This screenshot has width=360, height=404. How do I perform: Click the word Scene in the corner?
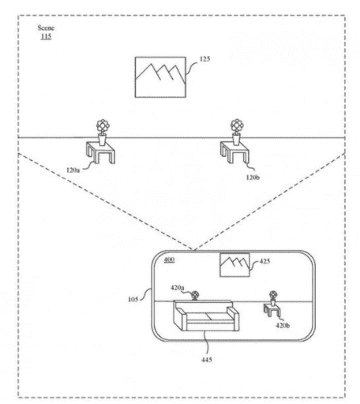(46, 28)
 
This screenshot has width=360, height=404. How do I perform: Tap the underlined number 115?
(46, 36)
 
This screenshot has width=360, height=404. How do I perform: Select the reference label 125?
(204, 59)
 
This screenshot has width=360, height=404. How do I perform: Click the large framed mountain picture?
(160, 77)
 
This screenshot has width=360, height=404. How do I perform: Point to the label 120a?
(73, 170)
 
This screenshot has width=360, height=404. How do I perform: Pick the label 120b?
(253, 178)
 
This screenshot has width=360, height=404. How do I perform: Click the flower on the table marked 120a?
(103, 126)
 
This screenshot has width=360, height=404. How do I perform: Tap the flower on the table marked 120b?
(237, 125)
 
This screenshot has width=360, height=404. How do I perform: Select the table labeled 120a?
(100, 152)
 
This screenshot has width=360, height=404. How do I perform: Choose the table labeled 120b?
(234, 152)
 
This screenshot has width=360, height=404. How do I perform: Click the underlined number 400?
(169, 260)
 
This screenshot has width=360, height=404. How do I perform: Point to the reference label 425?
(264, 261)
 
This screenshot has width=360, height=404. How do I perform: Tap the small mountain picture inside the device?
(234, 265)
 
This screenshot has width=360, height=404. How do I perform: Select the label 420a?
(178, 287)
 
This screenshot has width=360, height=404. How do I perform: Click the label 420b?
(283, 325)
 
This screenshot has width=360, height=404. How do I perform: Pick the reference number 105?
(133, 299)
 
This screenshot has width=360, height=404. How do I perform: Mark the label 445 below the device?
(207, 359)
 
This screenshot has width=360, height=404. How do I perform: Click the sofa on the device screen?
(206, 316)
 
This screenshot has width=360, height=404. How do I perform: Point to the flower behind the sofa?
(195, 295)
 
